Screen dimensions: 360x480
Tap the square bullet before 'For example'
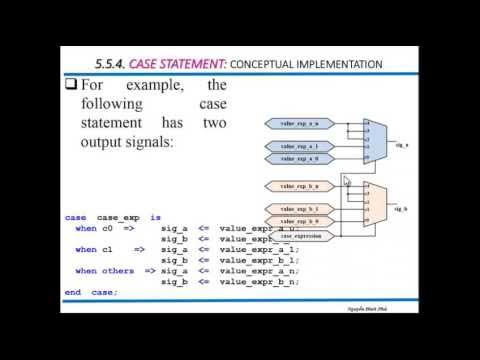pos(71,87)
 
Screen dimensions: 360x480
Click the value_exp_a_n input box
pos(300,123)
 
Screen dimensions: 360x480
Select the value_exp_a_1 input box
pos(300,146)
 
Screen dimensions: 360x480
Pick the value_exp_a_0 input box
pos(300,158)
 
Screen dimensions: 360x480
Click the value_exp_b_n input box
pos(300,186)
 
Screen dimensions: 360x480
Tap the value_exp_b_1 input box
pos(300,208)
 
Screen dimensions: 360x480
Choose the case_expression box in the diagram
pos(300,234)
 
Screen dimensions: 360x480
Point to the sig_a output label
pos(401,144)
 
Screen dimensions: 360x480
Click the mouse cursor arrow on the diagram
pos(346,181)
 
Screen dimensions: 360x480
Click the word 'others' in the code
pos(123,271)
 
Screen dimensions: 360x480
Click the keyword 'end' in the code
pos(73,292)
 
